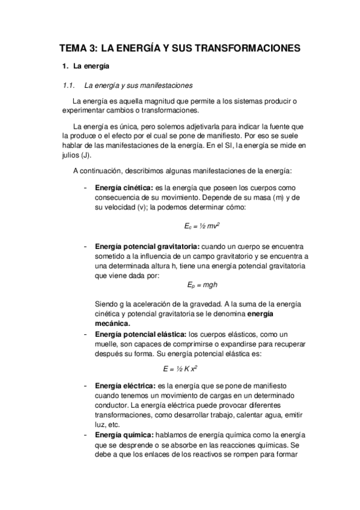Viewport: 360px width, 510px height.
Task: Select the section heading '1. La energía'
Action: pos(85,66)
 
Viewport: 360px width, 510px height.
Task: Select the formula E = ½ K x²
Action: pos(181,368)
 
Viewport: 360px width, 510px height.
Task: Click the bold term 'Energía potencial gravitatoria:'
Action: pos(147,247)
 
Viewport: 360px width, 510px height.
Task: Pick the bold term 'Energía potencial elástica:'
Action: pos(141,334)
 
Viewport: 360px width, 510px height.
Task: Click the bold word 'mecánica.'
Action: pos(112,322)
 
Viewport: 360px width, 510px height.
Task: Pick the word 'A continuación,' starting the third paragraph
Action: pos(96,171)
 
